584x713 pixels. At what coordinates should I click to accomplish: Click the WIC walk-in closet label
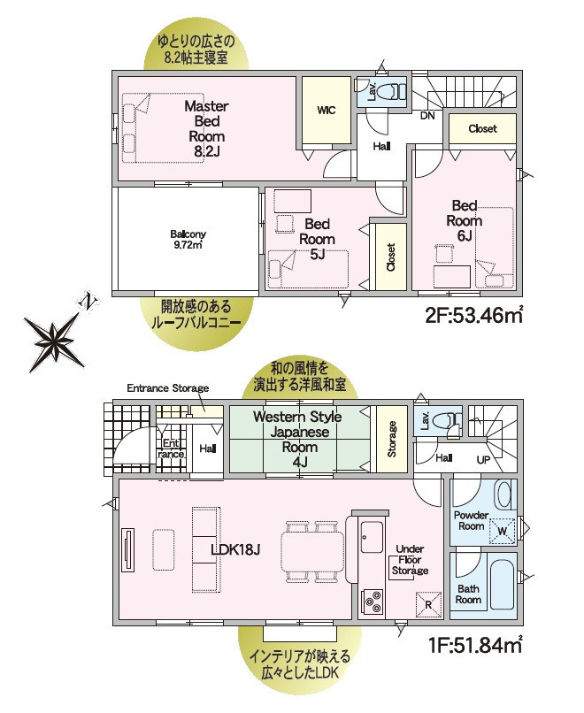click(327, 110)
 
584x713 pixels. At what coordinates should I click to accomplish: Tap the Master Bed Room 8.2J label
click(206, 128)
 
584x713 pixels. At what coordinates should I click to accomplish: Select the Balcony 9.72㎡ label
click(188, 240)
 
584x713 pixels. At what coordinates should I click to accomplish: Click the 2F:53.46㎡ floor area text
click(474, 315)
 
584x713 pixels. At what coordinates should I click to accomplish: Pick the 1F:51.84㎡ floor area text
click(475, 645)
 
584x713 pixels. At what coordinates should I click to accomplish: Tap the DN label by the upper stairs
click(427, 116)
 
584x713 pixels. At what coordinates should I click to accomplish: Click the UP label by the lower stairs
click(483, 460)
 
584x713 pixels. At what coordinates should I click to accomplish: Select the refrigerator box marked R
click(429, 604)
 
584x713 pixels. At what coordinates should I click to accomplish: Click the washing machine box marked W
click(503, 531)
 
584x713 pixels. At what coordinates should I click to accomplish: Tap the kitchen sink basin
click(372, 537)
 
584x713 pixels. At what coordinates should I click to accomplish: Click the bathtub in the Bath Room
click(503, 585)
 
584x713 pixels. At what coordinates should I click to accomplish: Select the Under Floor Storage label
click(410, 560)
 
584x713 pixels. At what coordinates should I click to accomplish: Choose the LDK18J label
click(235, 549)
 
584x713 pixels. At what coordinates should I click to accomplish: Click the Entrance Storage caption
click(168, 388)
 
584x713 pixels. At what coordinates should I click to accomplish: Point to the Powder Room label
click(472, 521)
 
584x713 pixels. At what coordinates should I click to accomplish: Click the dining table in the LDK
click(312, 550)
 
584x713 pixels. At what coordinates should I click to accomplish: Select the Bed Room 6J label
click(465, 220)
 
